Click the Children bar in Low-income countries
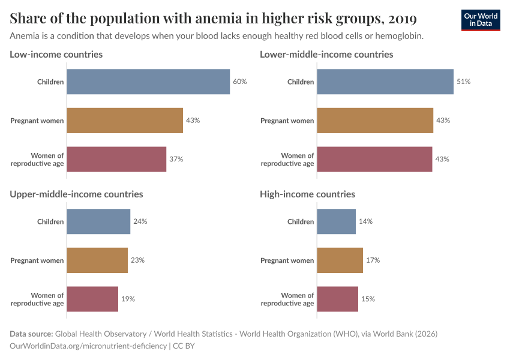point(148,82)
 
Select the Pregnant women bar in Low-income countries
point(125,121)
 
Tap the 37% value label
point(176,160)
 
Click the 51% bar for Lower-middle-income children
point(385,82)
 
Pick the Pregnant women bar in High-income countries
point(340,260)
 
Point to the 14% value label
point(365,221)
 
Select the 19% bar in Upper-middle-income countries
point(92,299)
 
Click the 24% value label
point(140,221)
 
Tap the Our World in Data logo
point(480,20)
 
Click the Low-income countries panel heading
point(56,55)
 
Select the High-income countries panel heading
point(307,194)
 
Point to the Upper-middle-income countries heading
point(76,194)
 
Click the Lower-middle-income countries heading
point(326,55)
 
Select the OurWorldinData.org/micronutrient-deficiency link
point(89,346)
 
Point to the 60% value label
point(239,82)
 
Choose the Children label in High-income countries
point(301,221)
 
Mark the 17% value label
point(373,260)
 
